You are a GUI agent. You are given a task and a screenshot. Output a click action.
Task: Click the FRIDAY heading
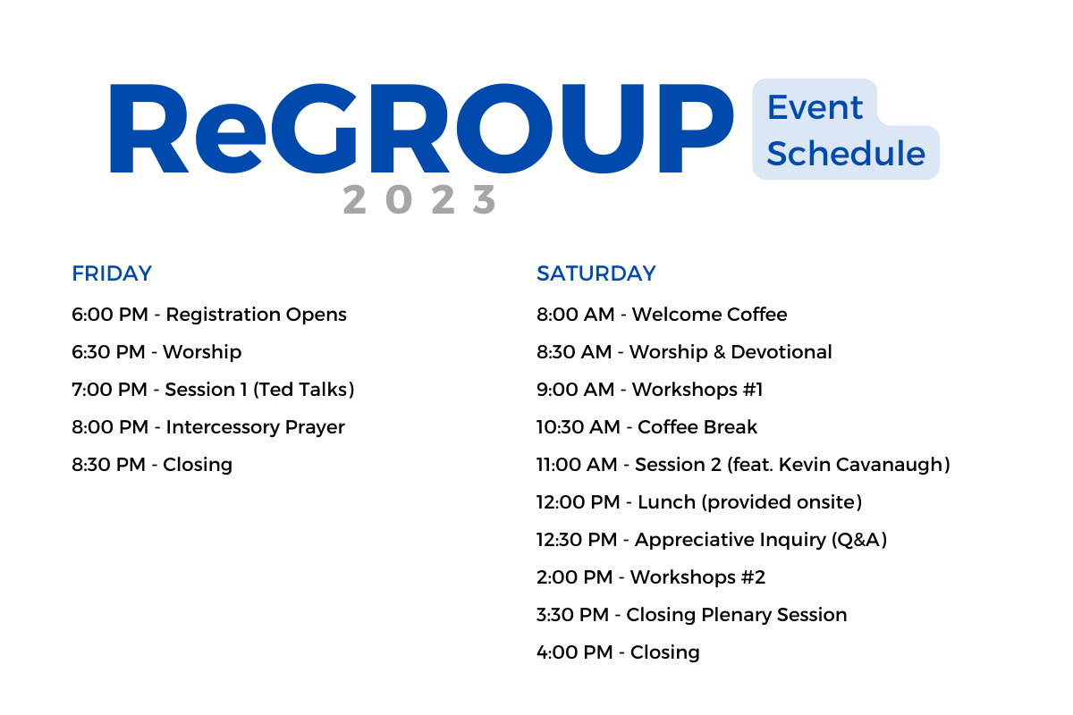(112, 273)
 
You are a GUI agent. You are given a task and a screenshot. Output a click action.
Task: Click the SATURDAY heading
(596, 273)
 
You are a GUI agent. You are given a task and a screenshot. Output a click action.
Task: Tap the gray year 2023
(419, 199)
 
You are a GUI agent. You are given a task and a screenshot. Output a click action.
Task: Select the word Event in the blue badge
(815, 107)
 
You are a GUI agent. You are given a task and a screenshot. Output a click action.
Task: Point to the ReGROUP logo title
(421, 129)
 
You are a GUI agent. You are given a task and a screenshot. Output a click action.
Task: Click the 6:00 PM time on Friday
(110, 315)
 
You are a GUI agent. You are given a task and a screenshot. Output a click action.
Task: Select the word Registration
(223, 315)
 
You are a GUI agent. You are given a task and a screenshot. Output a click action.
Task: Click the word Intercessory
(223, 427)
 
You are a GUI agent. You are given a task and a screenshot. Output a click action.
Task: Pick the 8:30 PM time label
(108, 465)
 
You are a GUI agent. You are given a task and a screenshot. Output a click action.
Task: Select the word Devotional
(782, 352)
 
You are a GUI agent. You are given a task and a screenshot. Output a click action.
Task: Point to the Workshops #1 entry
(697, 390)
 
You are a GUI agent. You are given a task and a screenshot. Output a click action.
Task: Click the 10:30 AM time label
(579, 427)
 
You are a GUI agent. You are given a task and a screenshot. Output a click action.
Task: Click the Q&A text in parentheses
(859, 540)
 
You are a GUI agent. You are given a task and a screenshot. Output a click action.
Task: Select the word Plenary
(736, 616)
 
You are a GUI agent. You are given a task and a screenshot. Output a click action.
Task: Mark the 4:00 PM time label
(574, 652)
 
